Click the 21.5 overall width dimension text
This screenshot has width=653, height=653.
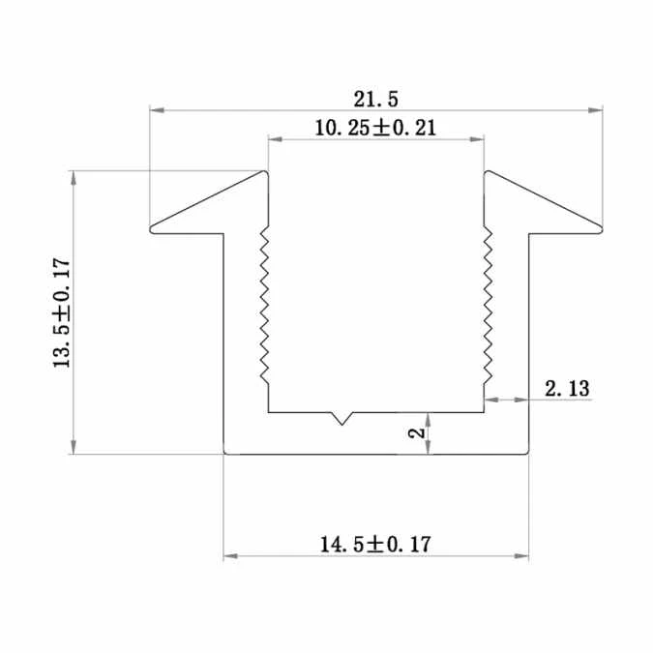tap(376, 98)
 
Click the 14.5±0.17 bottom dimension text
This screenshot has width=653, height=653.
tap(374, 545)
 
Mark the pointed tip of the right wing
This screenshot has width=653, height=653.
tap(600, 228)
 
